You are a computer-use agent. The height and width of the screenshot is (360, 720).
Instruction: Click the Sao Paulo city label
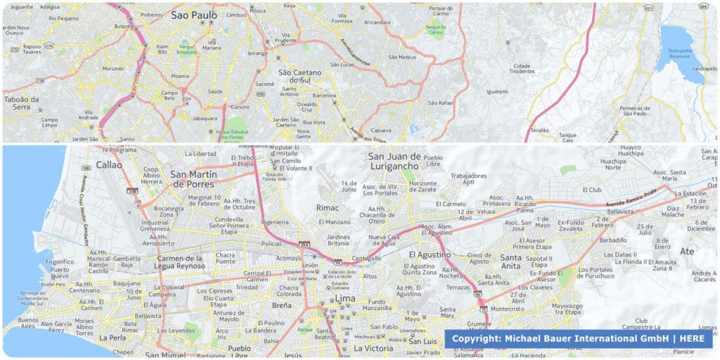pos(194,15)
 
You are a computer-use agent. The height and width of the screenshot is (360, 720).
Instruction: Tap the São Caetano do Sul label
pos(300,76)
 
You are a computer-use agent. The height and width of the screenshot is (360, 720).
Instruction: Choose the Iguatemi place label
pos(497,91)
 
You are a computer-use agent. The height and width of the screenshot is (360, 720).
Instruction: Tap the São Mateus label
pos(402,57)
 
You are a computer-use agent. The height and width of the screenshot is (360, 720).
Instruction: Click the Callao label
pos(109,165)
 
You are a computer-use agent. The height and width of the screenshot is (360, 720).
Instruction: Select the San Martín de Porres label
pos(198,179)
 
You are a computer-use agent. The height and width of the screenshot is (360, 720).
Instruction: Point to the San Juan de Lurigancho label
pos(394,161)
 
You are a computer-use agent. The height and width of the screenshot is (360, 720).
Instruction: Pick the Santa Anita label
pos(511,262)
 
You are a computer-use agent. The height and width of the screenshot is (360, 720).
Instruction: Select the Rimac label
pos(328,208)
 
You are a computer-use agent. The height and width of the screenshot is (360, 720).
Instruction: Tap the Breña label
pos(281,305)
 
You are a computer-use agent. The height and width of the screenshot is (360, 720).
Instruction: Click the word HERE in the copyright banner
pos(692,339)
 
